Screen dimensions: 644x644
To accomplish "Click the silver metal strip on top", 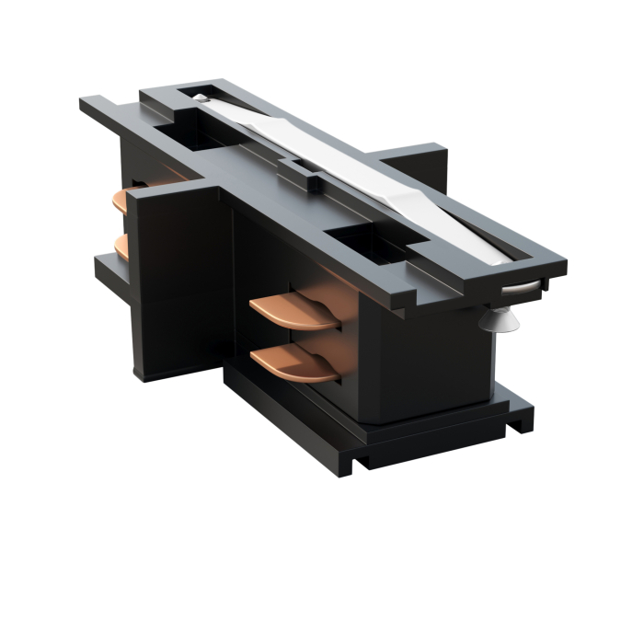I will click(x=368, y=175).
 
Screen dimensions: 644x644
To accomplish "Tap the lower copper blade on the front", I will click(x=296, y=364).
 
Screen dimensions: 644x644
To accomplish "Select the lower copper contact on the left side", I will click(x=121, y=245).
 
